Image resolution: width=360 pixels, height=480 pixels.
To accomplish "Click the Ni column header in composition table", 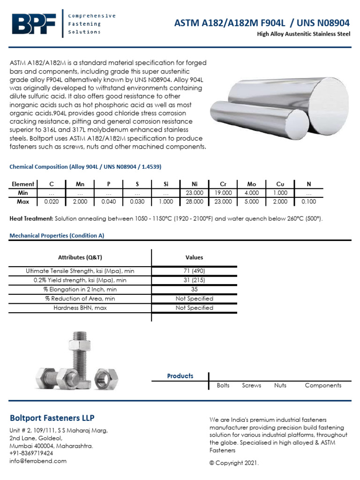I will pyautogui.click(x=195, y=184).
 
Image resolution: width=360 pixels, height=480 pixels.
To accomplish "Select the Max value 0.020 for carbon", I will pyautogui.click(x=51, y=202).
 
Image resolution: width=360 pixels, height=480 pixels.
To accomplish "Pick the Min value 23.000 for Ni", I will pyautogui.click(x=195, y=193).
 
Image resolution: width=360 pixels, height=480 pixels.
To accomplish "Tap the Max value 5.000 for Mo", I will pyautogui.click(x=252, y=202).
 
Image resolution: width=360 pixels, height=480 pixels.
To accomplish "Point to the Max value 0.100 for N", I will pyautogui.click(x=309, y=202).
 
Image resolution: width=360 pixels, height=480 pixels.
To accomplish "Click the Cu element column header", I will pyautogui.click(x=280, y=184).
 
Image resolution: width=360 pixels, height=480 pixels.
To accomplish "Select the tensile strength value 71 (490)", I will pyautogui.click(x=194, y=271).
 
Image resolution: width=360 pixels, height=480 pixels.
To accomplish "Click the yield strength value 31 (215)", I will pyautogui.click(x=194, y=280).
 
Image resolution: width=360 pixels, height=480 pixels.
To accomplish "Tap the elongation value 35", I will pyautogui.click(x=194, y=289).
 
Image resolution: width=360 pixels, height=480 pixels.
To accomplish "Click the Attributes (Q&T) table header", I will pyautogui.click(x=80, y=257).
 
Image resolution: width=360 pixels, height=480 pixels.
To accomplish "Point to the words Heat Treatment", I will pyautogui.click(x=31, y=219).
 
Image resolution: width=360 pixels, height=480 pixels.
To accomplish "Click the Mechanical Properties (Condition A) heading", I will pyautogui.click(x=57, y=236).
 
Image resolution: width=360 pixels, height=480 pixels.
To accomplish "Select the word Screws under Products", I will pyautogui.click(x=252, y=385).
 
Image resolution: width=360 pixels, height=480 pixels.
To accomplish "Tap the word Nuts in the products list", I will pyautogui.click(x=280, y=385).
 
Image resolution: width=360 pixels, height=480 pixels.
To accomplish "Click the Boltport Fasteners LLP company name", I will pyautogui.click(x=52, y=418).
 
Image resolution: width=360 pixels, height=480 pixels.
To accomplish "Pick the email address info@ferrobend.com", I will pyautogui.click(x=38, y=461).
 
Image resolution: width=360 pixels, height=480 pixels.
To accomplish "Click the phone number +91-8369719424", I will pyautogui.click(x=31, y=453).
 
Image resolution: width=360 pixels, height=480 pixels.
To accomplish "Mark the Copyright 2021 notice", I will pyautogui.click(x=234, y=463).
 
